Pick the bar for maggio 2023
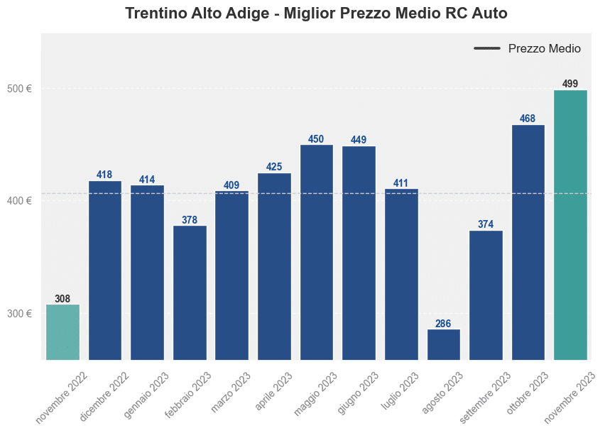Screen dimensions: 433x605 [317, 252]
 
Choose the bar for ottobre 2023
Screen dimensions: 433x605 [528, 242]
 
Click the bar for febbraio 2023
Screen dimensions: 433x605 [190, 292]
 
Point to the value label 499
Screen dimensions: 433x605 [570, 84]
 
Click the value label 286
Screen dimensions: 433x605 [443, 324]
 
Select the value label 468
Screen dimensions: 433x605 [528, 119]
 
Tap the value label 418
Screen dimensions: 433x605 [104, 175]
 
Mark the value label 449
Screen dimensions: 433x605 [359, 140]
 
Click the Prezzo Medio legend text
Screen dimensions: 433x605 [545, 49]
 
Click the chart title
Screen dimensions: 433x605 [316, 13]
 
